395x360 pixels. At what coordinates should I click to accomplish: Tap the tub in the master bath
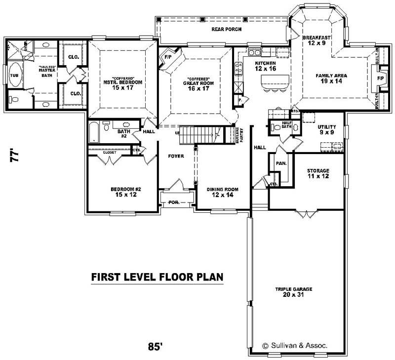click(x=16, y=76)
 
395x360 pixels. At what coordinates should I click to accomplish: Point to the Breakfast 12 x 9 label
click(x=316, y=40)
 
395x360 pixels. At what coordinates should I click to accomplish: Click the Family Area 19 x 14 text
click(x=331, y=79)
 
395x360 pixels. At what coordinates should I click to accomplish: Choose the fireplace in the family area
click(x=380, y=78)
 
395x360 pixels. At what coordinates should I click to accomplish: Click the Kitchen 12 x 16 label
click(x=265, y=66)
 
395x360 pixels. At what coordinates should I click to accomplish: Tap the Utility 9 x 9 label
click(x=326, y=129)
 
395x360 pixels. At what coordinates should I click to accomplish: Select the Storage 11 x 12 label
click(x=318, y=173)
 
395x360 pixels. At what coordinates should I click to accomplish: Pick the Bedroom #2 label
click(x=123, y=192)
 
